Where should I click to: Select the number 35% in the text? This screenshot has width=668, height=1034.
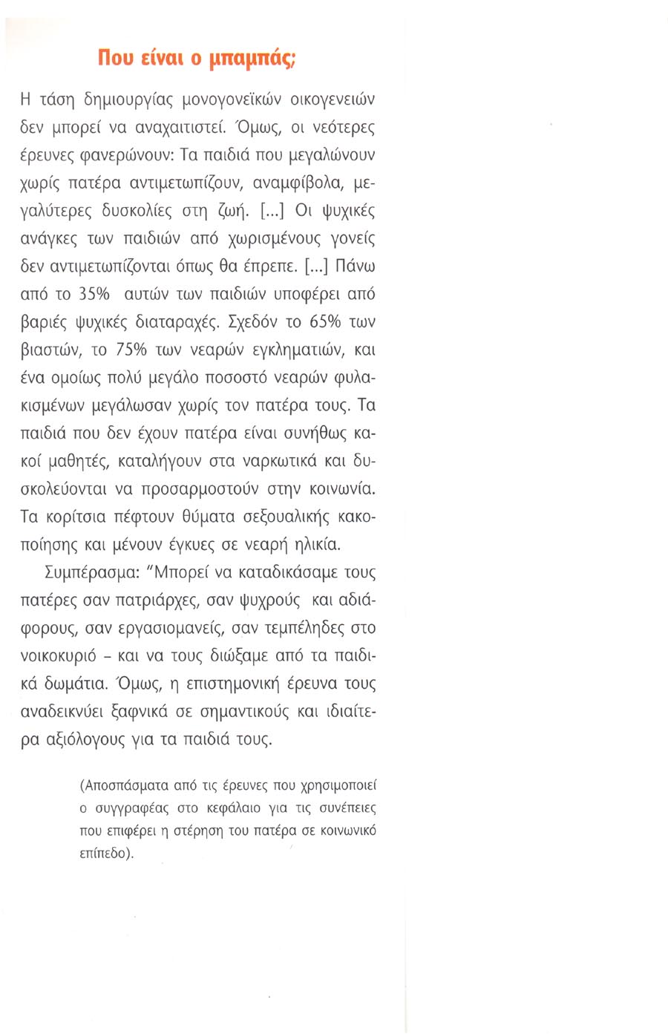(93, 294)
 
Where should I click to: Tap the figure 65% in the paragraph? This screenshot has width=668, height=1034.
(312, 321)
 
